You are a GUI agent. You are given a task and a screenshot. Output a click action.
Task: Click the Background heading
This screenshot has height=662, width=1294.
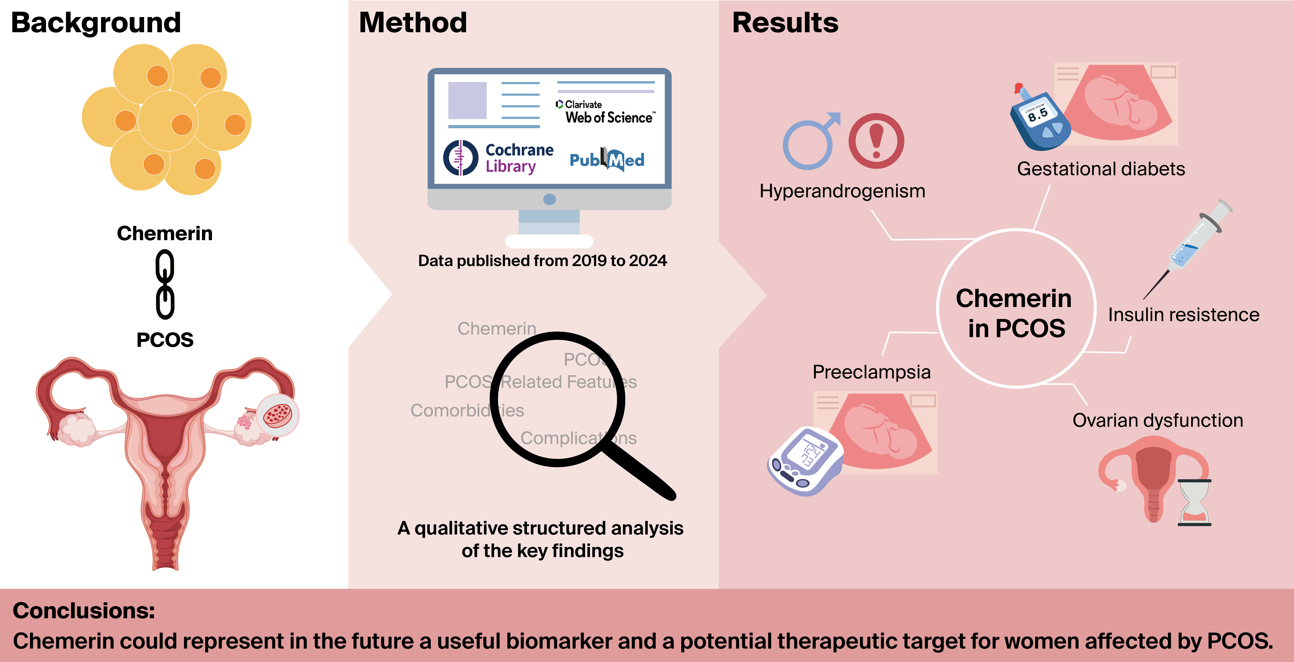(96, 23)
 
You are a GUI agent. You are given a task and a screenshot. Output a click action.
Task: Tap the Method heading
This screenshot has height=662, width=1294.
(413, 23)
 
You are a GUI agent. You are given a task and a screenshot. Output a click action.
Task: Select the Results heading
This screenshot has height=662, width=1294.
(785, 23)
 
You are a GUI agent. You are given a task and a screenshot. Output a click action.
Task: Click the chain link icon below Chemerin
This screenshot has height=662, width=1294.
(165, 285)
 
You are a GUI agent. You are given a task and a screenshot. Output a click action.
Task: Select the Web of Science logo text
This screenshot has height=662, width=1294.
(606, 112)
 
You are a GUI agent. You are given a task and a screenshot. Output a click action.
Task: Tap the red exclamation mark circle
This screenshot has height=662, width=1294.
(876, 141)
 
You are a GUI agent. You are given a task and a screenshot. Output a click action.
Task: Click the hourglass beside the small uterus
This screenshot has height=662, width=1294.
(1194, 502)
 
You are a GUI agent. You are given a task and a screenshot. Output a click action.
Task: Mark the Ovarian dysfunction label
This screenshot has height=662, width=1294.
(1158, 420)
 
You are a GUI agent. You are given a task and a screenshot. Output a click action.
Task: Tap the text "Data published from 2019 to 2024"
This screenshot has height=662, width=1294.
(543, 261)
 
